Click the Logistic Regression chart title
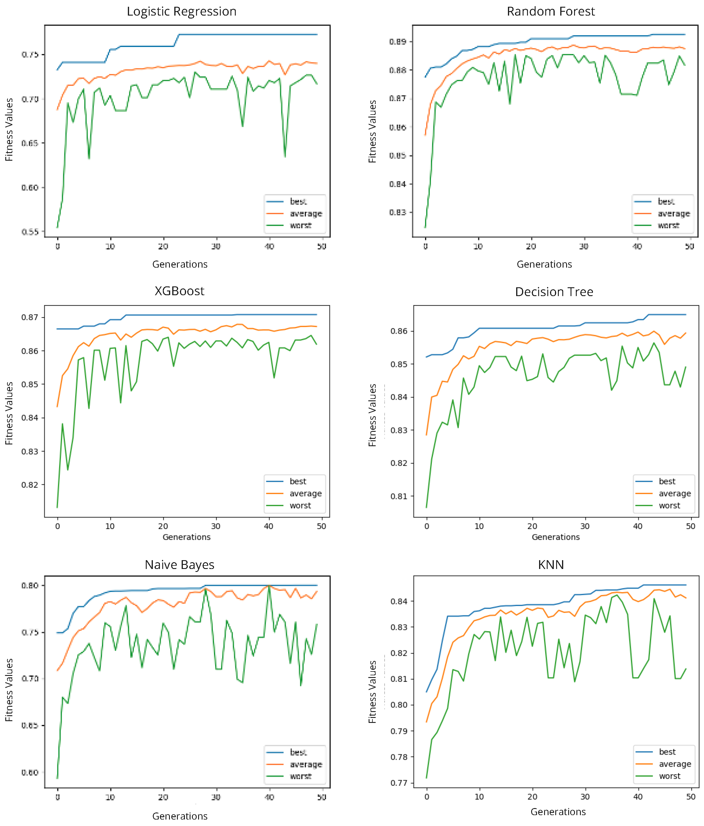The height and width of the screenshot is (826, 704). click(181, 11)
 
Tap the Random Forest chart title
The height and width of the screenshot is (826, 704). click(551, 11)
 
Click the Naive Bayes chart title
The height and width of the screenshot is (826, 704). click(180, 565)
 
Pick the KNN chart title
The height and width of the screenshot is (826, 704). click(551, 565)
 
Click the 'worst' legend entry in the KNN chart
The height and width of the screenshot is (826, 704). click(669, 776)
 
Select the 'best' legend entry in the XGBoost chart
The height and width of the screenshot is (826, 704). click(297, 481)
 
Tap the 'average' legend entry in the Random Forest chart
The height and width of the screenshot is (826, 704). click(673, 214)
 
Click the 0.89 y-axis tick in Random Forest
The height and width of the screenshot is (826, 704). click(397, 42)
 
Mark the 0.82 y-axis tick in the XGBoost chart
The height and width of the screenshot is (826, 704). click(30, 485)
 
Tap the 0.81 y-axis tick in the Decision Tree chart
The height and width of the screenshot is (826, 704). click(399, 496)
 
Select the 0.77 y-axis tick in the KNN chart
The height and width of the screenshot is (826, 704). click(399, 783)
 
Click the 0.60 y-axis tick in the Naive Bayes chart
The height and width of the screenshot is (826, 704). click(30, 773)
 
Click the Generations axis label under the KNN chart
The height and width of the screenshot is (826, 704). click(558, 812)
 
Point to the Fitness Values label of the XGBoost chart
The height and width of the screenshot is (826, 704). click(9, 413)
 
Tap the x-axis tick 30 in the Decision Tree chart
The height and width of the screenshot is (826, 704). click(585, 526)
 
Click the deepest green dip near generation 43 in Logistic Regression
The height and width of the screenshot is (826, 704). click(285, 156)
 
